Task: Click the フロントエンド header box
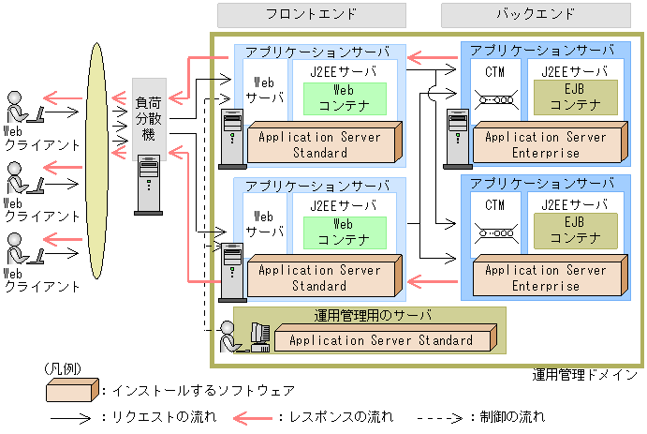311,15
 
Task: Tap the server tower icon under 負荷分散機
148,185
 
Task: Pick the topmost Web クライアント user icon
20,107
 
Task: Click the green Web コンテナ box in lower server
344,232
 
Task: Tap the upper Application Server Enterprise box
546,145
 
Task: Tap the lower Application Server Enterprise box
546,278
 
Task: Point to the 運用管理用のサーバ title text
369,314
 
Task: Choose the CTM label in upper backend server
496,71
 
